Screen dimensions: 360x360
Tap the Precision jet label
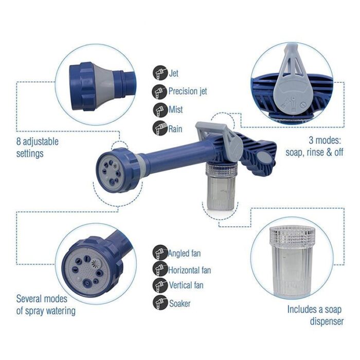point(188,92)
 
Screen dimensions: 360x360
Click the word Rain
point(175,129)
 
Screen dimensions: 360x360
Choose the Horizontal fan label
point(190,269)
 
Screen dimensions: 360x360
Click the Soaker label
point(179,303)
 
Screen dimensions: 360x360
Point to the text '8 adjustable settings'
point(38,147)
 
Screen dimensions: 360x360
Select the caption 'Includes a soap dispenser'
point(315,315)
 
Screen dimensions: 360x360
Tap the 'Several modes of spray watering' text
point(46,304)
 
